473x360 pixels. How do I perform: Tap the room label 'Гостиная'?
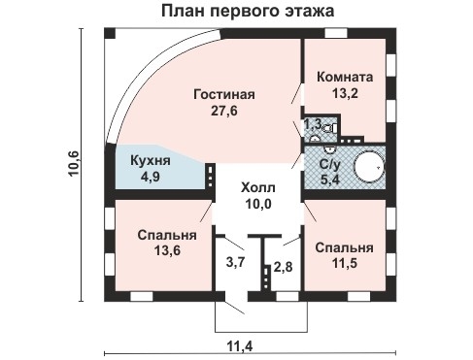[x=223, y=94]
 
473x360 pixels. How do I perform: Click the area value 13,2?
[x=346, y=94]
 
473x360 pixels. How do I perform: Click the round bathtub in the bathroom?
[x=369, y=168]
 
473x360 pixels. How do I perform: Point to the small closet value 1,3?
[x=312, y=124]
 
